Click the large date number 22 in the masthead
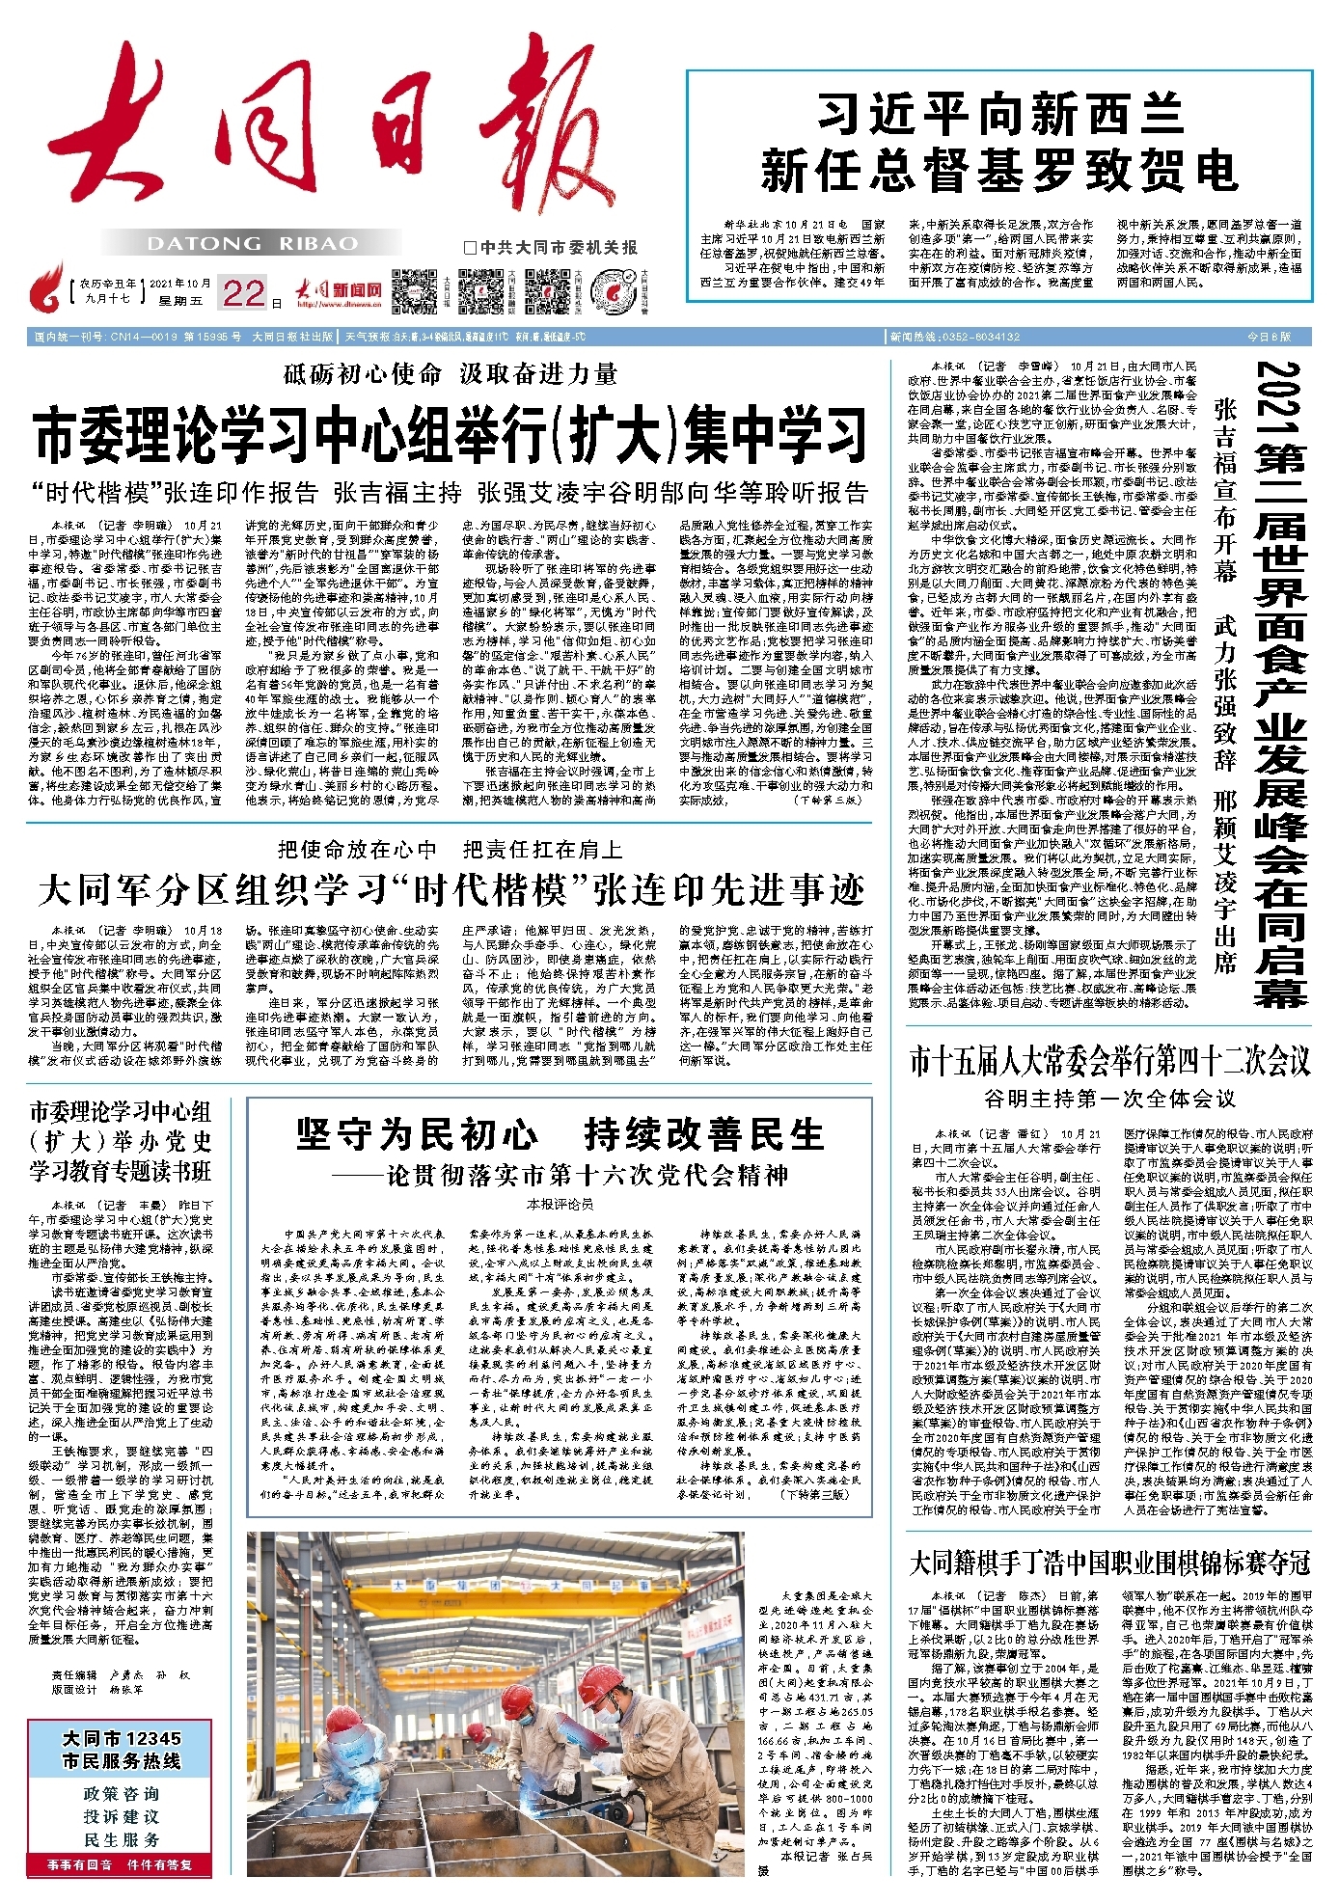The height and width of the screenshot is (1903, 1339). coord(243,291)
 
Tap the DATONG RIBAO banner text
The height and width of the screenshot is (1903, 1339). coord(253,243)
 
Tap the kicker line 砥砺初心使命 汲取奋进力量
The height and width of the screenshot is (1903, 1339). coord(451,374)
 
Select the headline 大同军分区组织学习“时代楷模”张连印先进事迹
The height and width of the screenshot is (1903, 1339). coord(451,889)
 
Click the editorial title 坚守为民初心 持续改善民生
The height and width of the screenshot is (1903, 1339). coord(560,1134)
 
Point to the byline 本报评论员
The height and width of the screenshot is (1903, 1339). coord(560,1204)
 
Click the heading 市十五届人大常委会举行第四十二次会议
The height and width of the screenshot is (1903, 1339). coord(1109,1062)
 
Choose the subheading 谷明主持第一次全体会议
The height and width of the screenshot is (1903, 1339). coord(1109,1099)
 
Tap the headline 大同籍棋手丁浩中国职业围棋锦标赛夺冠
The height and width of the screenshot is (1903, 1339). coord(1109,1562)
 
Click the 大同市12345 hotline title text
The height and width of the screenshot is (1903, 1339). coord(122,1750)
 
